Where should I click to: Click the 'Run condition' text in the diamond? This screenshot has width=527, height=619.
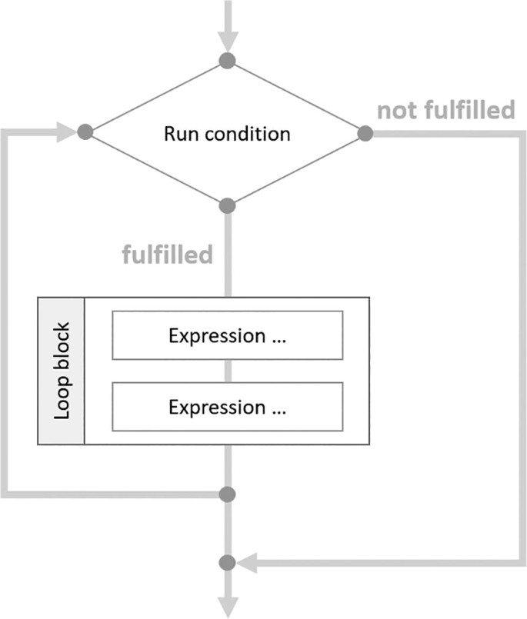tap(227, 134)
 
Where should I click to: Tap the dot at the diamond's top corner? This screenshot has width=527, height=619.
tap(227, 60)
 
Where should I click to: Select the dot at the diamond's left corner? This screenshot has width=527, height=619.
tap(85, 133)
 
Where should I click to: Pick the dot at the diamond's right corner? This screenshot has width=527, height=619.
tap(365, 134)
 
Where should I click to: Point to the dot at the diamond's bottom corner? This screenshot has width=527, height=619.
tap(227, 206)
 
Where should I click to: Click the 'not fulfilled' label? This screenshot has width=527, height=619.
tap(445, 111)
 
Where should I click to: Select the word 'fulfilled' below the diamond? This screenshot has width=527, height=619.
tap(167, 254)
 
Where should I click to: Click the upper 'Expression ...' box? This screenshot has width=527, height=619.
tap(227, 336)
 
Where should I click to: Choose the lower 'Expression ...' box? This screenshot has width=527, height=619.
tap(227, 407)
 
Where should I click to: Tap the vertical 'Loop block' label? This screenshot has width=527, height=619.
tap(62, 371)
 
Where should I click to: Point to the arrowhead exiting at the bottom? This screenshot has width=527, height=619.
tap(228, 604)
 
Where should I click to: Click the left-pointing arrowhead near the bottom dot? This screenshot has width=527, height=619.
tap(247, 564)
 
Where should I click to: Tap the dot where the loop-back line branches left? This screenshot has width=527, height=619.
tap(227, 493)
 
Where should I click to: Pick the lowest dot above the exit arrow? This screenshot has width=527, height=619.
tap(227, 563)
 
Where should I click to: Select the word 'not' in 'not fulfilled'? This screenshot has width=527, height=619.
tap(395, 111)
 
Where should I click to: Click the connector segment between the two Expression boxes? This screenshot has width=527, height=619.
tap(227, 371)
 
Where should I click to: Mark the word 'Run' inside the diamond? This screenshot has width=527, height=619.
tap(177, 134)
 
